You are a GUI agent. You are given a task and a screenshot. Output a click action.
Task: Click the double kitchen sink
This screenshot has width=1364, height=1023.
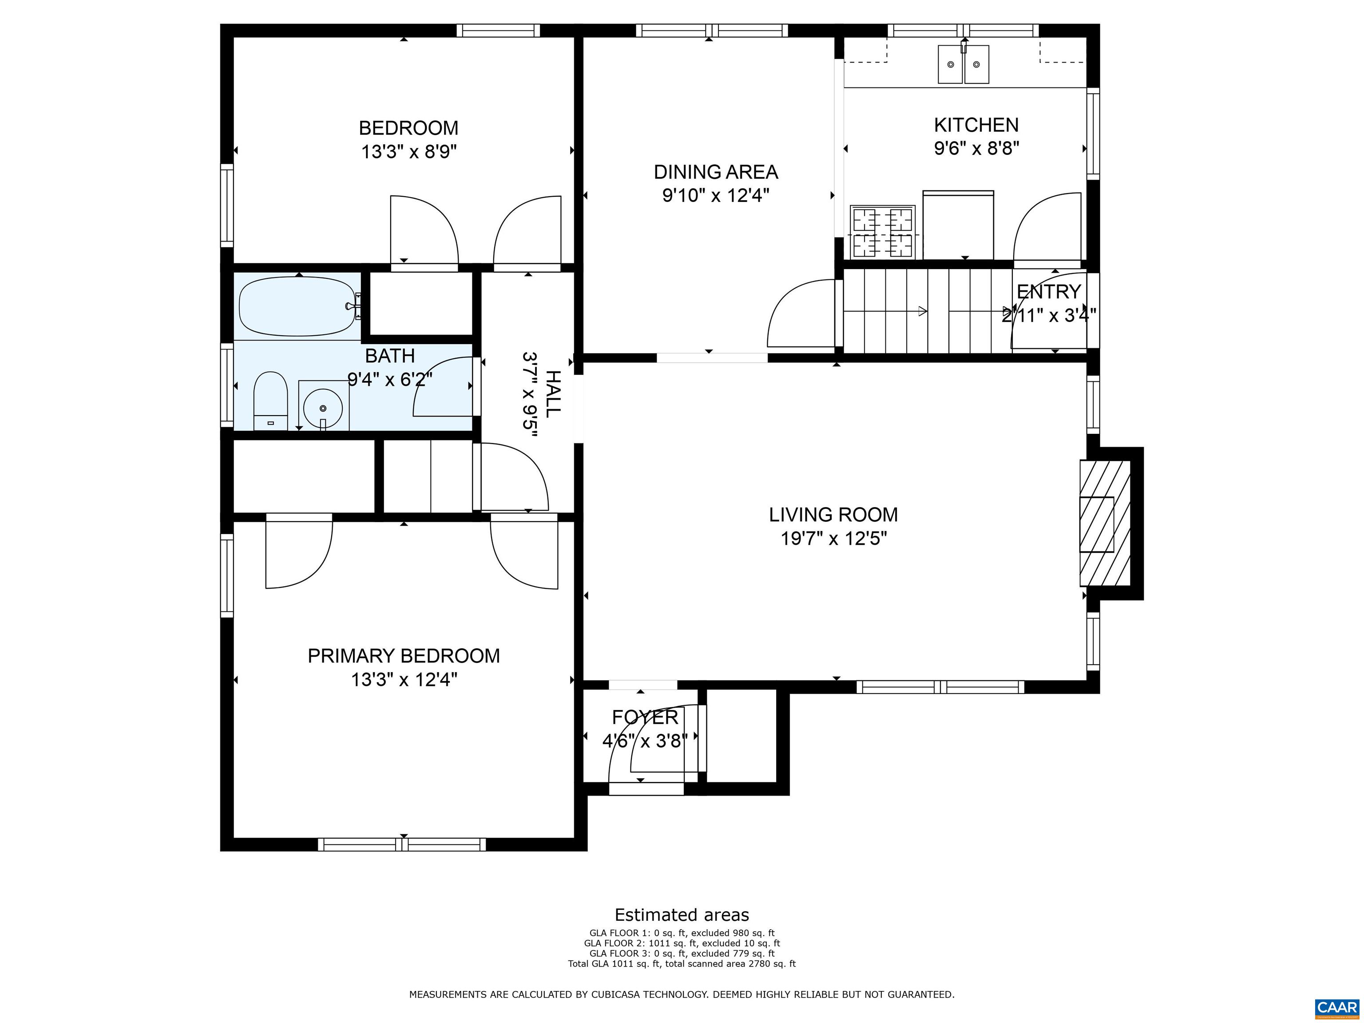click(x=963, y=63)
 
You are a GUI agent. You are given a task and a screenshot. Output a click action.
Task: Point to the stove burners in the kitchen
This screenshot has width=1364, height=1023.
click(x=882, y=232)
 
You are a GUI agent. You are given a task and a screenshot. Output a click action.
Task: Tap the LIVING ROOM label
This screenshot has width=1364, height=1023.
click(x=833, y=514)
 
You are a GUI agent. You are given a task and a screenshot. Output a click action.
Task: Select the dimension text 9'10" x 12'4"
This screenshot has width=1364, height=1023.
click(x=716, y=195)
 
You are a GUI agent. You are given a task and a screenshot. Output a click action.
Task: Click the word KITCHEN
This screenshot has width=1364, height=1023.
click(x=976, y=125)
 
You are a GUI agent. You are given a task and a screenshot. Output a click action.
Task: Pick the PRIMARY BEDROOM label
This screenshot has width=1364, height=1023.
click(x=404, y=655)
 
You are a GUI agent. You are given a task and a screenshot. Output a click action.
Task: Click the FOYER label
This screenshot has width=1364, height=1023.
click(x=645, y=717)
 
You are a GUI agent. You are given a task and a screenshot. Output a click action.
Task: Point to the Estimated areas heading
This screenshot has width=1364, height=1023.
click(x=682, y=915)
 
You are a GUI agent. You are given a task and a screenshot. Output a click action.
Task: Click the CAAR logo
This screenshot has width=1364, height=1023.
click(x=1337, y=1007)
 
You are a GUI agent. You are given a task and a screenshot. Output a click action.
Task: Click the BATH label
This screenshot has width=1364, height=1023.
click(x=390, y=356)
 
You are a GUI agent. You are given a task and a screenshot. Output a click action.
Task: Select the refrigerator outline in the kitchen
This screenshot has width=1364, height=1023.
click(x=958, y=225)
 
